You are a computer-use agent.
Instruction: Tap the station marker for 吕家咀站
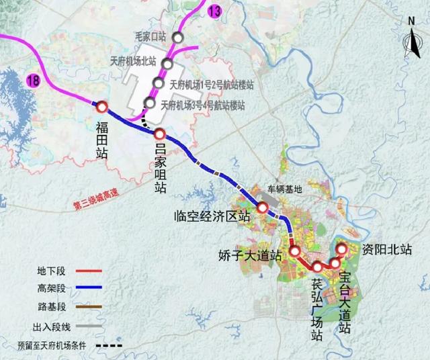tap(160, 133)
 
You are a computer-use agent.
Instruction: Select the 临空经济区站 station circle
tap(262, 208)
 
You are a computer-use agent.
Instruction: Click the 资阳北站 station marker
tap(341, 249)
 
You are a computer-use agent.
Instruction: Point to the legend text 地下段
tap(50, 271)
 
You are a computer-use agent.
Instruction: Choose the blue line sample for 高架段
tap(87, 289)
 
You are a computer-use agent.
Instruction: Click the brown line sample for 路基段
tap(87, 308)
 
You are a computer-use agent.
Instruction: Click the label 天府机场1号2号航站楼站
tap(212, 85)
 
